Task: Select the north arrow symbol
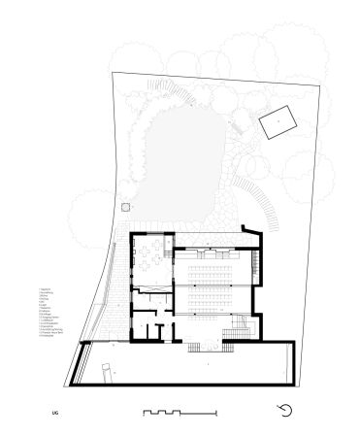(285, 411)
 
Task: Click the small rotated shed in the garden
(278, 122)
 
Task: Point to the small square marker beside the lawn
(125, 207)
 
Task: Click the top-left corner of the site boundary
(113, 74)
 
